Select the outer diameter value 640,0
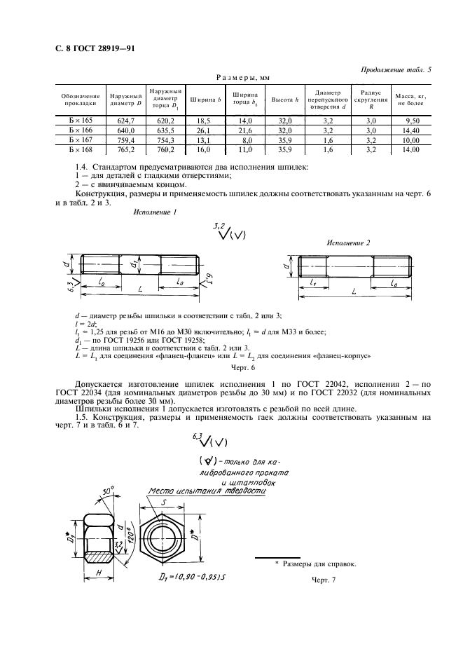click(125, 130)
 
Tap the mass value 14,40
click(410, 130)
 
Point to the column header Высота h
click(285, 100)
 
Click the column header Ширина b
click(206, 100)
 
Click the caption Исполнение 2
click(347, 242)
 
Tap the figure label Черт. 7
click(324, 580)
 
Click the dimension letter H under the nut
click(98, 573)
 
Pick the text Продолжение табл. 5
click(395, 70)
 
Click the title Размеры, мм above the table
click(243, 78)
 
